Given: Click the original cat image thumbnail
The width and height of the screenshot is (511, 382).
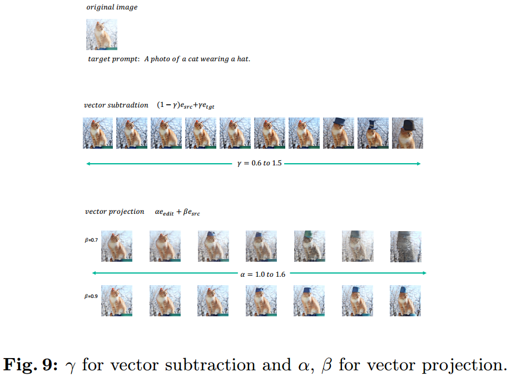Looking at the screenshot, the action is (102, 35).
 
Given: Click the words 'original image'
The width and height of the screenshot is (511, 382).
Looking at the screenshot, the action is (112, 7).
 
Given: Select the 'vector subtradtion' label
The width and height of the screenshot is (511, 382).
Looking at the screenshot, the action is (116, 105).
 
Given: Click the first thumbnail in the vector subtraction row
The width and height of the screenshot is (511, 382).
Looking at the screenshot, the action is (98, 133).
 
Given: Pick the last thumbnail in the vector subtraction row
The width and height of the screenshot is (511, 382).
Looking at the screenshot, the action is (407, 133).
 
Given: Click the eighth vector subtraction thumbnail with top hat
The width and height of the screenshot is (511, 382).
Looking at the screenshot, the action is (338, 133).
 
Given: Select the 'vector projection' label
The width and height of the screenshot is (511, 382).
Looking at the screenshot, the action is (115, 212).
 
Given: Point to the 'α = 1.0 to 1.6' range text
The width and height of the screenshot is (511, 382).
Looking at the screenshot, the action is (260, 273).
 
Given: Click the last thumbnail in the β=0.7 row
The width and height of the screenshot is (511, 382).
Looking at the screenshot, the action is (405, 246).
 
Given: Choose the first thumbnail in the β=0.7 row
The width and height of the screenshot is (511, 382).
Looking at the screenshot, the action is (117, 246).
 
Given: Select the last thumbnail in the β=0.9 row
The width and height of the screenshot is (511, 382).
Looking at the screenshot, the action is (405, 301).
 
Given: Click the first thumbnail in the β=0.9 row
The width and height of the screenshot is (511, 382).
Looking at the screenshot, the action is (117, 301).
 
